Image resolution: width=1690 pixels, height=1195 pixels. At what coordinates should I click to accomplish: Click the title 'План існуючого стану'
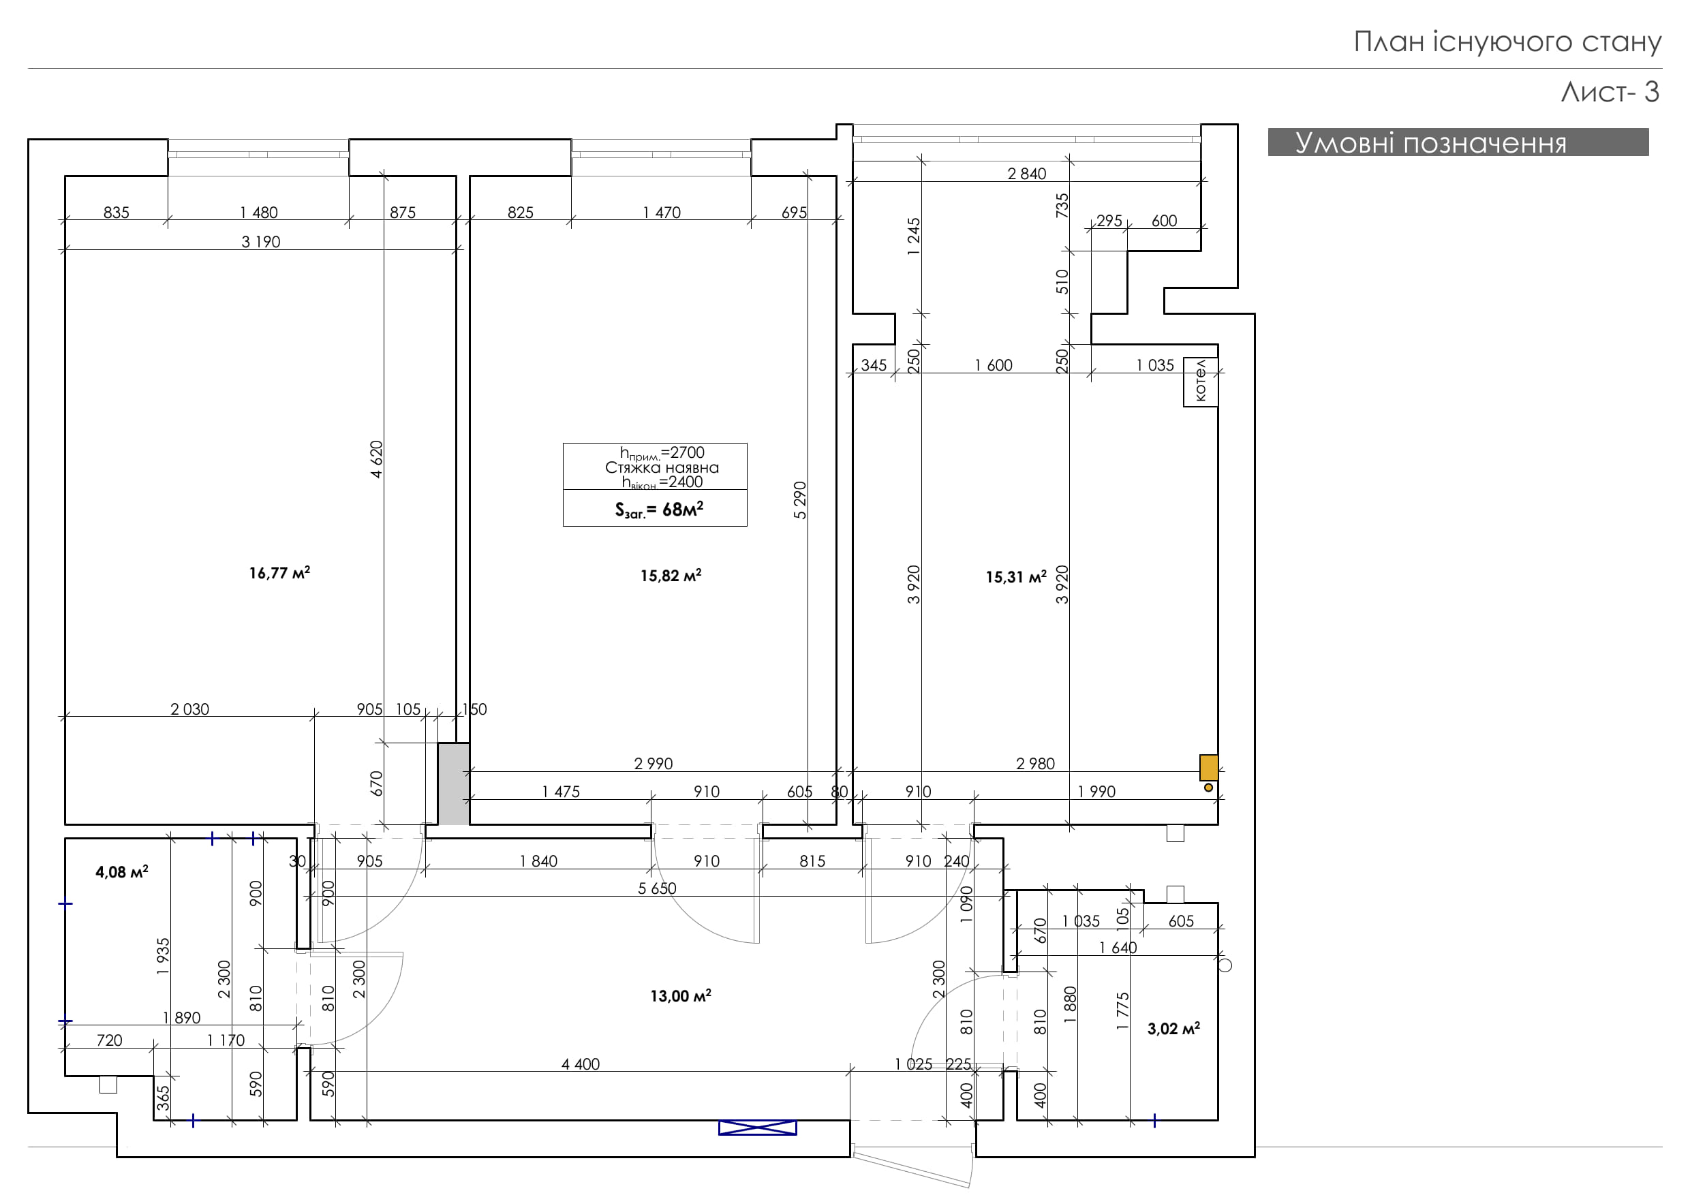1507,42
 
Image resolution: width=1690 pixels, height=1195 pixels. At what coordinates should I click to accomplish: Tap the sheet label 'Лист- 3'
1610,92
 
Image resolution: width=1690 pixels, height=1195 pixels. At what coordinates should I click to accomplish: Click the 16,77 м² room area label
279,572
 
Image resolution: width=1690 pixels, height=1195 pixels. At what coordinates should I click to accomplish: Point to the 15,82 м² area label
671,576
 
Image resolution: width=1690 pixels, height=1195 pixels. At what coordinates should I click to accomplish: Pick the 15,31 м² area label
1016,577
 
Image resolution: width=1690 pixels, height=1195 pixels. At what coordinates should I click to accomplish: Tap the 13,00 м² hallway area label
680,995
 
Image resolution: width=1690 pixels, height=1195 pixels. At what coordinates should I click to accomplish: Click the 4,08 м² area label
121,872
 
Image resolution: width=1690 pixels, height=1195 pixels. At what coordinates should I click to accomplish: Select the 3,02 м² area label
1173,1028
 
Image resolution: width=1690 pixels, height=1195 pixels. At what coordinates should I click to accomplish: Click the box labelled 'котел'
1201,381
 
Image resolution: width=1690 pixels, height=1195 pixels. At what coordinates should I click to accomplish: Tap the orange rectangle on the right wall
1209,767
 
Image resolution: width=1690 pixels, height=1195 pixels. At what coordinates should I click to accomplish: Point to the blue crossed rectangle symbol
757,1128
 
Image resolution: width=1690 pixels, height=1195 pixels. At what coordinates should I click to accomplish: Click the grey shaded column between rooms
453,783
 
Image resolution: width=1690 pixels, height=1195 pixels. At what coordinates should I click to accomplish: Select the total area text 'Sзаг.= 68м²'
659,509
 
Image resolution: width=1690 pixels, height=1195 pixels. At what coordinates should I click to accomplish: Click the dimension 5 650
656,888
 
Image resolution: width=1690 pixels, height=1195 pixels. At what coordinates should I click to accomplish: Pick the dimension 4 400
580,1064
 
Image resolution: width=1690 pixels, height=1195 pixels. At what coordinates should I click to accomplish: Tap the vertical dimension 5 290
800,500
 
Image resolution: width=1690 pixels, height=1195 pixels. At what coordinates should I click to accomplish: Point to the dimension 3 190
260,241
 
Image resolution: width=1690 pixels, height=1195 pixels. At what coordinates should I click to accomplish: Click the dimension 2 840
1026,174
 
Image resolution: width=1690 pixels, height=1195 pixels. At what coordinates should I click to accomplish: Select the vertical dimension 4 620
376,459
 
